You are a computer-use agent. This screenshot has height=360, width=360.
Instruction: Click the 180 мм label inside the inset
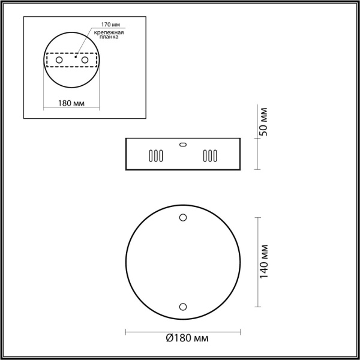(70, 103)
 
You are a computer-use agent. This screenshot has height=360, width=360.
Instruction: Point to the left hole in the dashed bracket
(58, 61)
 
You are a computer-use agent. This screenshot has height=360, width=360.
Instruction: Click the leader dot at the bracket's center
(75, 57)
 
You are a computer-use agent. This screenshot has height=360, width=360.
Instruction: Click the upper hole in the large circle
(183, 217)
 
